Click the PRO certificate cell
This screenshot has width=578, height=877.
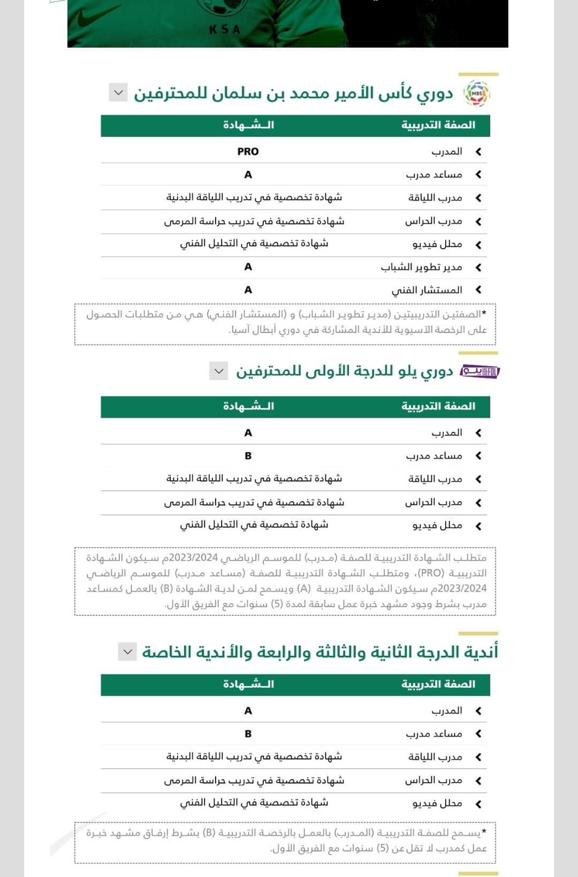tap(248, 152)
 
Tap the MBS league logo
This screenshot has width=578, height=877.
tap(477, 94)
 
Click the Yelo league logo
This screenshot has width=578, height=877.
tap(480, 372)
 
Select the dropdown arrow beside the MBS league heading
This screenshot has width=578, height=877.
tap(118, 93)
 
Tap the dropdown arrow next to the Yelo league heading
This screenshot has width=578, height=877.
tap(219, 371)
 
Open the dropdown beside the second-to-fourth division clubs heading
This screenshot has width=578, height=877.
tap(127, 652)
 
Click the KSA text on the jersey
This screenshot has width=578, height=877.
tap(225, 30)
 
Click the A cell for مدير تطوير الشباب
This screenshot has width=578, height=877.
tap(248, 267)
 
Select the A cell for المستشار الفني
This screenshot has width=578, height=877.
tap(248, 290)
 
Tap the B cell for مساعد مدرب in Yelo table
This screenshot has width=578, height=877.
tap(248, 456)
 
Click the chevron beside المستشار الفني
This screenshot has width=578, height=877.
tap(478, 290)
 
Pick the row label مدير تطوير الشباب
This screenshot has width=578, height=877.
tap(421, 267)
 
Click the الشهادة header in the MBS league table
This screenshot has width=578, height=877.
tap(248, 126)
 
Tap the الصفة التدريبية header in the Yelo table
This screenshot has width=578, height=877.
tap(438, 407)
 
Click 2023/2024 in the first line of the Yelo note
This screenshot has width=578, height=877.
tap(194, 558)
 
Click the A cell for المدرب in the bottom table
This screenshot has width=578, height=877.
tap(248, 711)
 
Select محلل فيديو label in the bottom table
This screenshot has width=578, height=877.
tap(437, 804)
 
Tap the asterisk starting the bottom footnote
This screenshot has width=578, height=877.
tap(484, 832)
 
